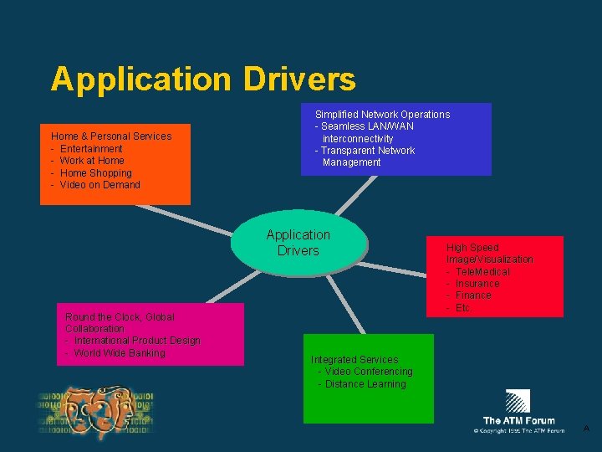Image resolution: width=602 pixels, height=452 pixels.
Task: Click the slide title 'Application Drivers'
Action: (x=202, y=80)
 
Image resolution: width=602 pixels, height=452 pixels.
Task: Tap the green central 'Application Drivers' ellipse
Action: (x=298, y=243)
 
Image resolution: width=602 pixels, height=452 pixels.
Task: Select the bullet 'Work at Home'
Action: (x=92, y=161)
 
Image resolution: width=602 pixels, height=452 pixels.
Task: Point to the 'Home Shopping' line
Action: (x=96, y=173)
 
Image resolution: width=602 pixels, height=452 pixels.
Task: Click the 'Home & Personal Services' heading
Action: (x=111, y=136)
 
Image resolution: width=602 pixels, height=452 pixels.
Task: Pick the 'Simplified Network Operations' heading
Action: (x=382, y=115)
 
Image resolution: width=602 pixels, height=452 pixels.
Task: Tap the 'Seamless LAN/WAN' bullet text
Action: (x=367, y=126)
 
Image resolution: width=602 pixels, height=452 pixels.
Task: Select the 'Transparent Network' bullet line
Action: (x=368, y=151)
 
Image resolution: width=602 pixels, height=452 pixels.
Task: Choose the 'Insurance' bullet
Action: (x=477, y=284)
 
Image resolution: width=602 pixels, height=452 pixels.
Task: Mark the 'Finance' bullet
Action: (x=473, y=295)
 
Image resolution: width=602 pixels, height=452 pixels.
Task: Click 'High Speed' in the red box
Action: (x=472, y=248)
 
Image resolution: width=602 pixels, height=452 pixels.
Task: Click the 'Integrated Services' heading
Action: (x=355, y=360)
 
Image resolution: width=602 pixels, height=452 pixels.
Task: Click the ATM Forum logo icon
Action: (x=518, y=402)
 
